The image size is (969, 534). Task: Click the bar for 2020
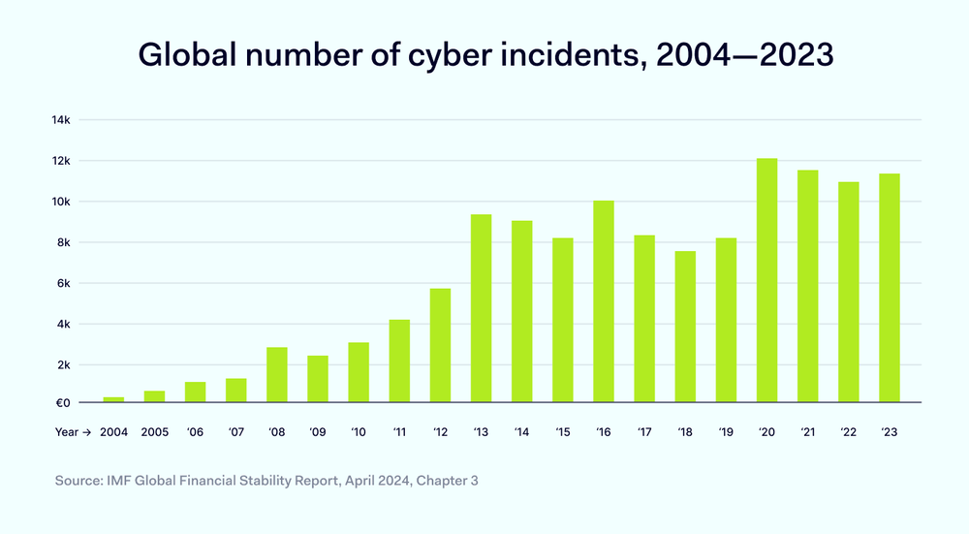tap(766, 280)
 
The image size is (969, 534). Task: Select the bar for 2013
tap(481, 308)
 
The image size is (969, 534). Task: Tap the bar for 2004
tap(113, 399)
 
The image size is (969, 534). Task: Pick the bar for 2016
tap(604, 301)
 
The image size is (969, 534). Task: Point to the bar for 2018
tap(685, 327)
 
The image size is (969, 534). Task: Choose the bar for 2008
tap(277, 374)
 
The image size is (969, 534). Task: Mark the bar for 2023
tap(889, 288)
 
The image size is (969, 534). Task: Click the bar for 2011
tap(399, 361)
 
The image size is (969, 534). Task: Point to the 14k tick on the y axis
tap(61, 120)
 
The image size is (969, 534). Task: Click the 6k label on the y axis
tap(64, 283)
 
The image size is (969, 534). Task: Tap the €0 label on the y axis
tap(63, 403)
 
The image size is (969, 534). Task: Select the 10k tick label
tap(62, 202)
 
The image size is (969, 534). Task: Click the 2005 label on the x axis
tap(155, 433)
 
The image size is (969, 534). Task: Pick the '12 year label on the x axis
tap(440, 433)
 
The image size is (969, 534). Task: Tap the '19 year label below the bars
tap(726, 433)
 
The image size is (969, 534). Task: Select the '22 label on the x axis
tap(848, 433)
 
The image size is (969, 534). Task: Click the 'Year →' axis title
tap(73, 433)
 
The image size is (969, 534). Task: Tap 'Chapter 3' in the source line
tap(448, 480)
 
